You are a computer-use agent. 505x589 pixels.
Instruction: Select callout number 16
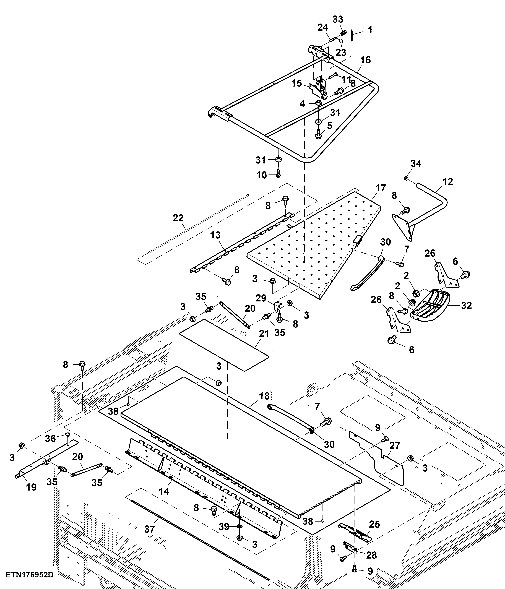(x=365, y=60)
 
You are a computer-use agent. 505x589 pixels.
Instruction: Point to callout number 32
(x=466, y=306)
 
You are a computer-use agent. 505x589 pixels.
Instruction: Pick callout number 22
(x=178, y=218)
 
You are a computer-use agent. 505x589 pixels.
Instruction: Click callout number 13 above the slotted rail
(x=215, y=235)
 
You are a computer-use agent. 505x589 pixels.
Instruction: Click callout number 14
(x=164, y=491)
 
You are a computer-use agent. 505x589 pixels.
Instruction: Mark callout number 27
(x=394, y=445)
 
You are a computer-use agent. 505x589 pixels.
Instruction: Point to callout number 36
(x=50, y=438)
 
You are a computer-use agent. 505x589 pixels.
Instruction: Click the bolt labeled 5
(x=318, y=134)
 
